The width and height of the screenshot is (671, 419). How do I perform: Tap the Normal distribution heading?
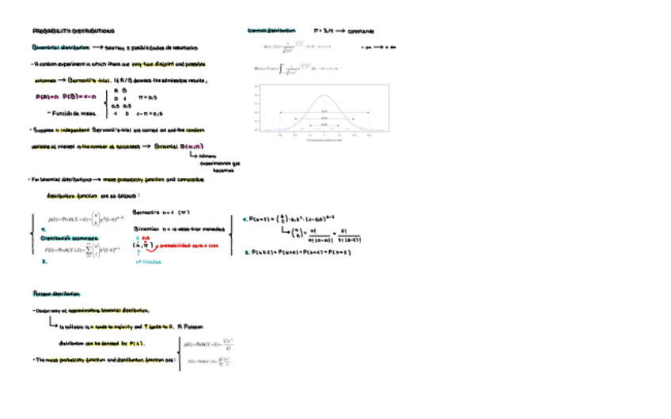pos(271,31)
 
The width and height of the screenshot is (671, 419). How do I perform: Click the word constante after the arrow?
pos(362,31)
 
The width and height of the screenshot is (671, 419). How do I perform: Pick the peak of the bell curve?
pos(324,96)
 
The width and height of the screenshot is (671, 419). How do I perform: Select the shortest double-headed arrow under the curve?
pos(324,112)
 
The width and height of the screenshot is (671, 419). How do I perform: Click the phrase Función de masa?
pos(66,113)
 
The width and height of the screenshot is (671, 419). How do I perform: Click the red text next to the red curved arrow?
pos(190,246)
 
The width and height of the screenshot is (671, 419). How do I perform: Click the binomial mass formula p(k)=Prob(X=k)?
pos(81,217)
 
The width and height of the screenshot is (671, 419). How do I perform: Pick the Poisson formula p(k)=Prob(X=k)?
pos(207,344)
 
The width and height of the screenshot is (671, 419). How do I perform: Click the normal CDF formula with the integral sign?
pos(289,70)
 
